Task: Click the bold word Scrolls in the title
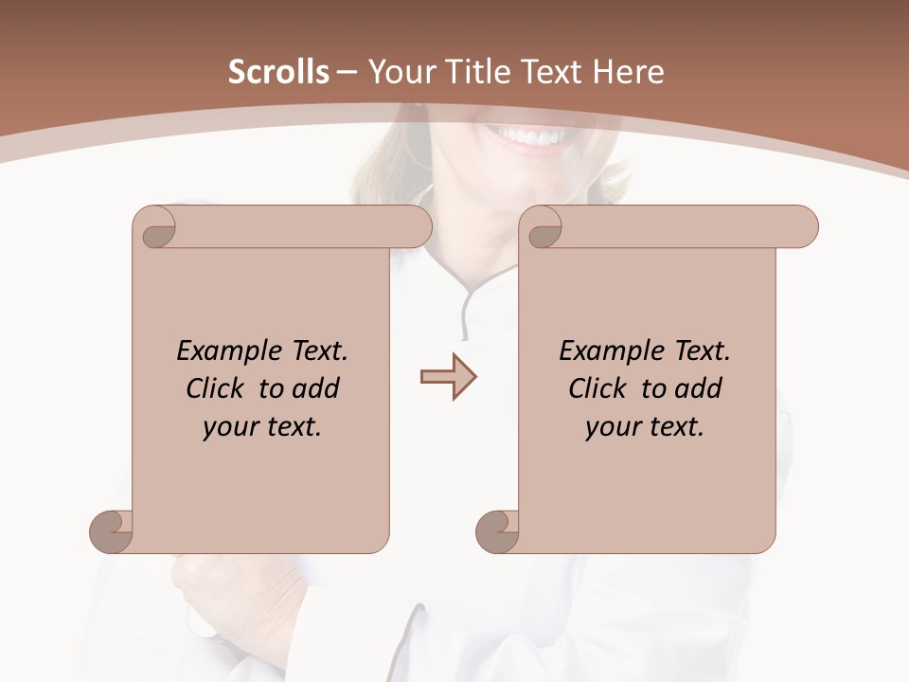pos(279,72)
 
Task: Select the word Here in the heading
pos(630,72)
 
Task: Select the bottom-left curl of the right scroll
pos(497,531)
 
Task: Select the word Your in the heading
pos(398,72)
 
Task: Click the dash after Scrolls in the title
pos(347,73)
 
